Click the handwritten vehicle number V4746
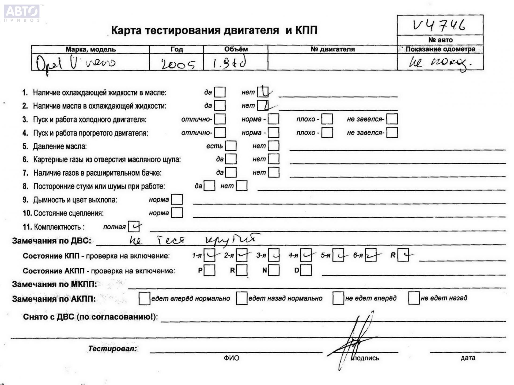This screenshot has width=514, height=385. tap(439, 25)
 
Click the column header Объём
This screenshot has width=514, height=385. tap(236, 49)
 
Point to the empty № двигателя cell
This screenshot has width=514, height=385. tap(332, 62)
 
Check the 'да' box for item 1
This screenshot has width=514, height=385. tap(220, 92)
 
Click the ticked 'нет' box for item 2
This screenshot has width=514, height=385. tap(263, 106)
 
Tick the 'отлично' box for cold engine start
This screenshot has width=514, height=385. tap(220, 119)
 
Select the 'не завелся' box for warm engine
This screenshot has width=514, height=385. tap(392, 132)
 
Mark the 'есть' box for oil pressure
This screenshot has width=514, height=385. tap(231, 146)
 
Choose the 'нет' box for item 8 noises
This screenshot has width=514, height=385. tap(241, 186)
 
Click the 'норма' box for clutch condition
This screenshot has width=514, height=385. tap(177, 213)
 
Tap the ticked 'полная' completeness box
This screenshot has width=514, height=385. tap(134, 227)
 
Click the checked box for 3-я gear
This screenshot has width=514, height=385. tap(274, 255)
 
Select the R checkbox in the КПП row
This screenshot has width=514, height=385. tap(403, 255)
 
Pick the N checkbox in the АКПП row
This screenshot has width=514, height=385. tap(274, 270)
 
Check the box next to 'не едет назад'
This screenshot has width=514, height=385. tap(414, 298)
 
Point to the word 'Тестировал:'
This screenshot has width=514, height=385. tap(112, 349)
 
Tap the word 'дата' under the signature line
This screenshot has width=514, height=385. tap(468, 358)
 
